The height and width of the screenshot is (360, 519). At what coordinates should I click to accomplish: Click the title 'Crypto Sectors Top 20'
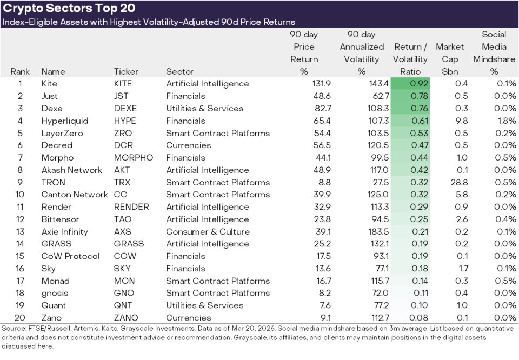(x=69, y=8)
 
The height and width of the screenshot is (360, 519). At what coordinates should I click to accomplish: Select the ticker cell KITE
(x=123, y=84)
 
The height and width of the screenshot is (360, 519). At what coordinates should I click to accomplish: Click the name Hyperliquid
(x=64, y=121)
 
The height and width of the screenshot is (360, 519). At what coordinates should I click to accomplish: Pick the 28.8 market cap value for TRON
(x=458, y=182)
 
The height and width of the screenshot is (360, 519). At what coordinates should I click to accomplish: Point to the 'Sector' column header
(x=179, y=71)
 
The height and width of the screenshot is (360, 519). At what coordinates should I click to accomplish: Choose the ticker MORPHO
(x=133, y=158)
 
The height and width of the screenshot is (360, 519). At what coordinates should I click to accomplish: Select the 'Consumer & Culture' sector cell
(x=208, y=231)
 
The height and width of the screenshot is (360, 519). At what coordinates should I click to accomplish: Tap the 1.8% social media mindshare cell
(x=507, y=121)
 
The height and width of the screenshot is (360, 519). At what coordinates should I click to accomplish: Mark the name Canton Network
(x=75, y=195)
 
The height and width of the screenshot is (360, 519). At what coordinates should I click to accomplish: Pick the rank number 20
(x=20, y=317)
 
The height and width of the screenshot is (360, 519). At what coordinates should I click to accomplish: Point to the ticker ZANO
(x=125, y=317)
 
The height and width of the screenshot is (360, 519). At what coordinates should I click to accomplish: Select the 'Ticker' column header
(x=126, y=71)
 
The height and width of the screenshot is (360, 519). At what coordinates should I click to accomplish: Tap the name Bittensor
(x=60, y=219)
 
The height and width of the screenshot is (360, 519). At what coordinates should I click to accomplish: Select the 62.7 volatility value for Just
(x=377, y=96)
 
